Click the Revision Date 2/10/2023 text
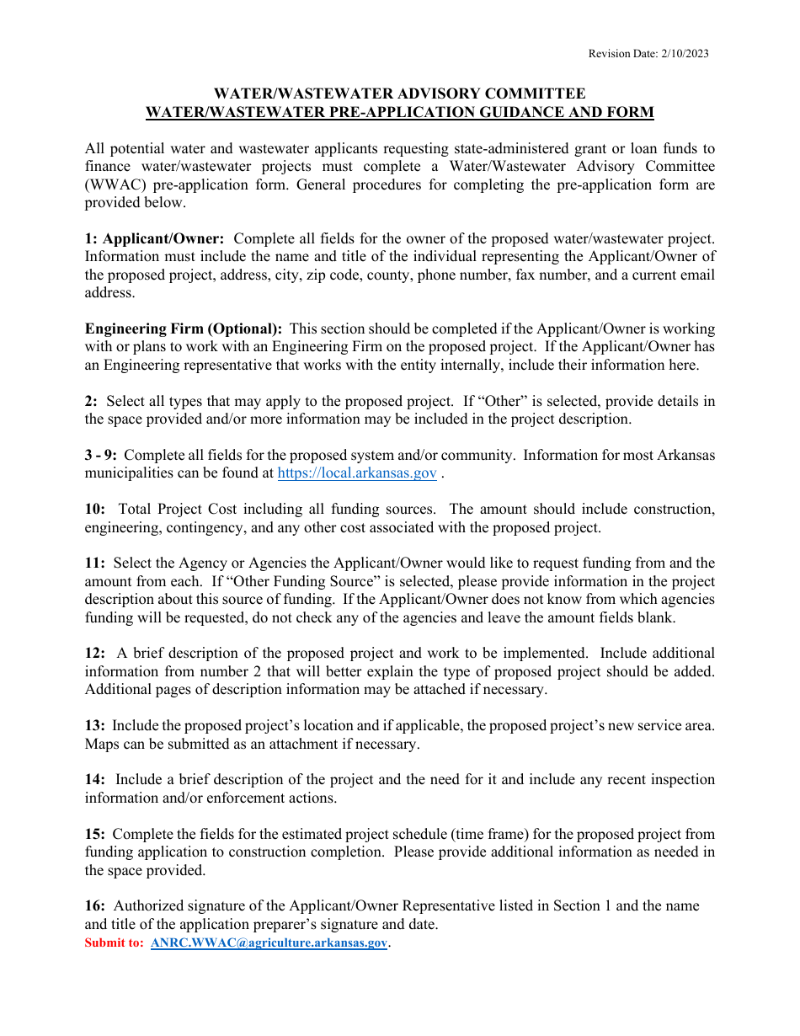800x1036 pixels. tap(648, 54)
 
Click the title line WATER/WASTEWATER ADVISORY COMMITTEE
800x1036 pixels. tap(399, 93)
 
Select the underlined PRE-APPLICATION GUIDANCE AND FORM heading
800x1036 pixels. tap(399, 112)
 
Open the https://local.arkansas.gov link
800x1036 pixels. tap(356, 473)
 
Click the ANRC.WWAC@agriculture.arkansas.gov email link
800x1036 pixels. tap(269, 943)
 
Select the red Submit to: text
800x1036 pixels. tap(114, 943)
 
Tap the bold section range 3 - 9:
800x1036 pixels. tap(100, 455)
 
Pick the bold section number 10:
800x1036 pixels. tap(94, 509)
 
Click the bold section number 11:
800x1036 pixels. tap(94, 563)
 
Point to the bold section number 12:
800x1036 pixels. tap(94, 653)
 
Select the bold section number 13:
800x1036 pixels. tap(94, 725)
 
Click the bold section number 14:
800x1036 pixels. tap(94, 779)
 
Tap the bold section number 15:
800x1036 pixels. tap(94, 834)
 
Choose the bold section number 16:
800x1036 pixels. tap(94, 905)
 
